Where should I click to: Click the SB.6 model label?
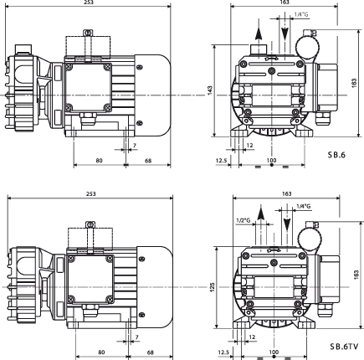point(336,155)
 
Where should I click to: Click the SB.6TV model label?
point(344,347)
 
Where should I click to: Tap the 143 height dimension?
point(210,90)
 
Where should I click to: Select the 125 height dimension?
point(212,287)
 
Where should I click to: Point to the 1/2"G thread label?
point(244,220)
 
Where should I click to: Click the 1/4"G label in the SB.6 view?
point(301,14)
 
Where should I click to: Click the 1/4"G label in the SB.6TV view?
point(304,207)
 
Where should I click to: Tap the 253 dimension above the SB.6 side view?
point(89,3)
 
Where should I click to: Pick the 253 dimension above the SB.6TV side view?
point(91,193)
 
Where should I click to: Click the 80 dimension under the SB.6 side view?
point(99,161)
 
